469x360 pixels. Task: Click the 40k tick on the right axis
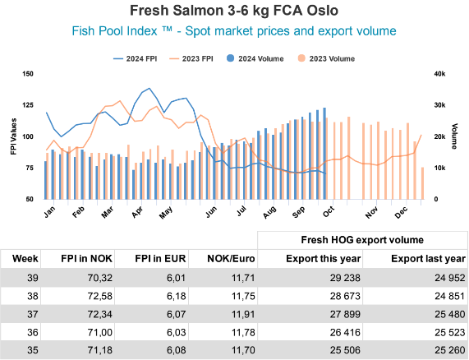point(439,73)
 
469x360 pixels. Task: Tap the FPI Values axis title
point(14,136)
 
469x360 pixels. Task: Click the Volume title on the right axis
point(454,136)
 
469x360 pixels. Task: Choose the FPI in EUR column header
point(163,259)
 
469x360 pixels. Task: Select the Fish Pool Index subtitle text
point(234,30)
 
